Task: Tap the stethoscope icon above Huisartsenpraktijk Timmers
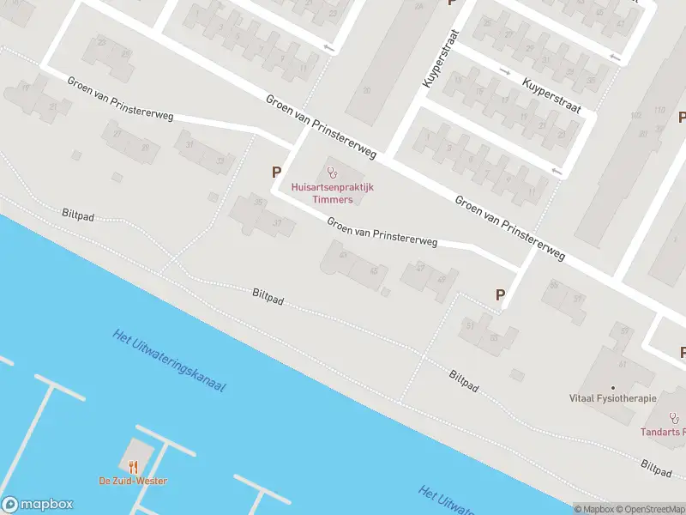333,173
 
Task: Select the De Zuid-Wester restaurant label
133,481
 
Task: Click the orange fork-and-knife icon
133,467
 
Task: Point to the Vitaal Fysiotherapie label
613,398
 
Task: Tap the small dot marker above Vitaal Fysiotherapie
612,387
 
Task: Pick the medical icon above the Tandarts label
674,419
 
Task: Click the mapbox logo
37,505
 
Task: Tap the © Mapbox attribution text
594,509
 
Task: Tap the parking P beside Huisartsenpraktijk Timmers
276,173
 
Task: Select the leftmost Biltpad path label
78,215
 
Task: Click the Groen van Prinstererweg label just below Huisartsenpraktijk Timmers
382,232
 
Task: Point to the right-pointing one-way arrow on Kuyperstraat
504,71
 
